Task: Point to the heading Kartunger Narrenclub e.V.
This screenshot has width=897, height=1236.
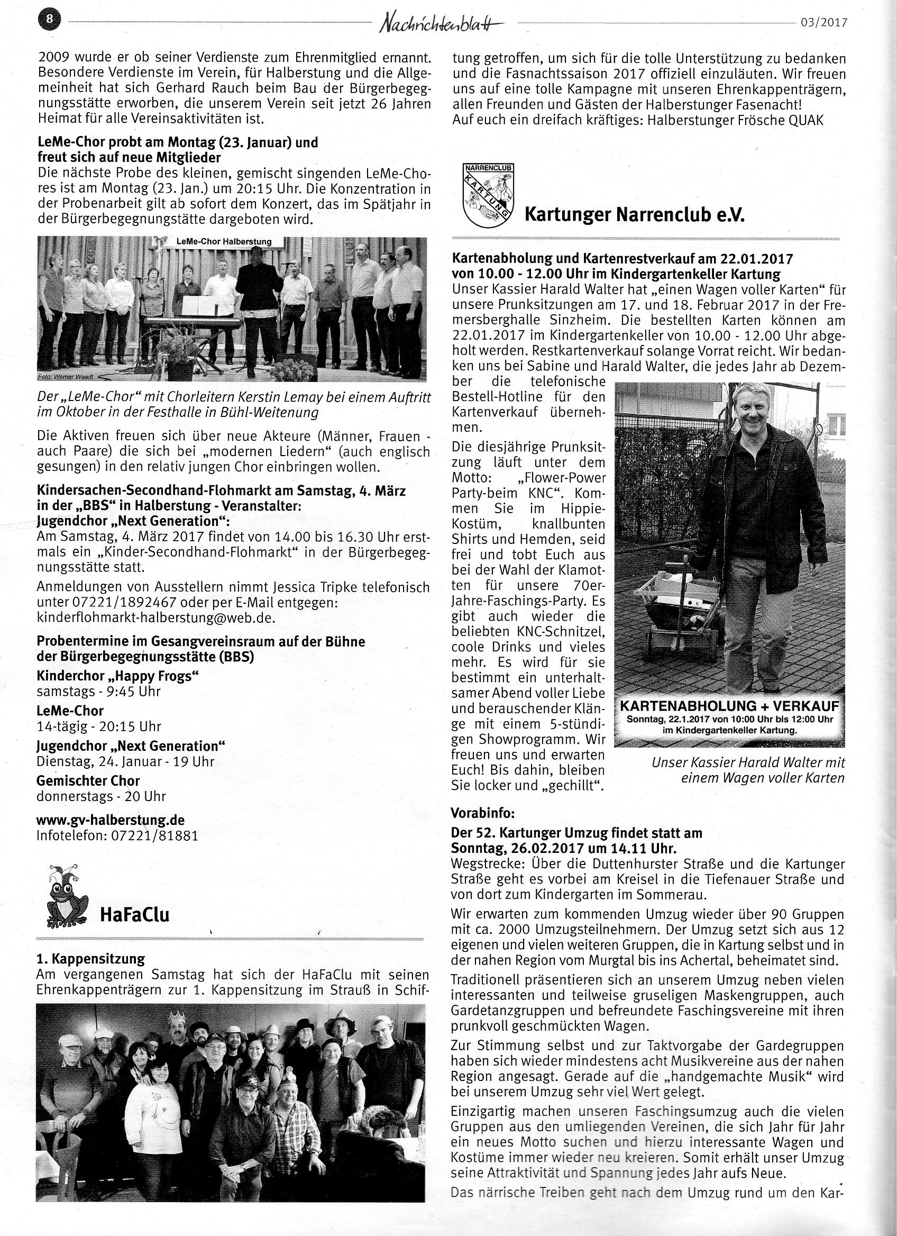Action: [x=634, y=215]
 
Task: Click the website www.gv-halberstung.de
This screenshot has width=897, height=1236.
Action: [x=111, y=820]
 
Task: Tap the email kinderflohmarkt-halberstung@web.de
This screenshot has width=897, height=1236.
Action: [x=156, y=618]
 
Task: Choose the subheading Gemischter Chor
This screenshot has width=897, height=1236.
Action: [x=88, y=780]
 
